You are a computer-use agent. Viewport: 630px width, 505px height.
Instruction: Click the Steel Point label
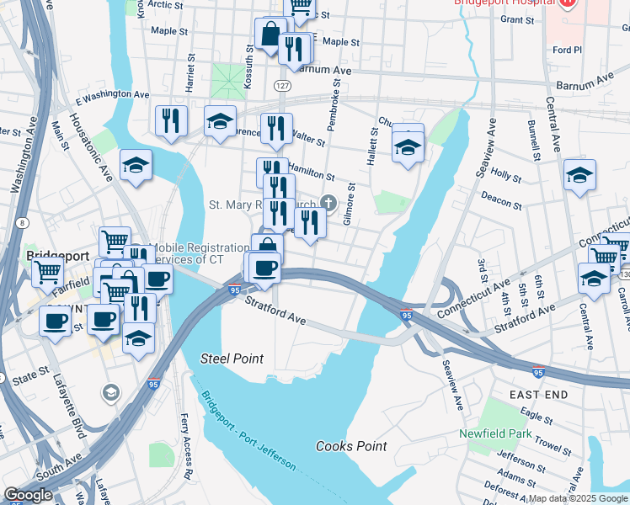pyautogui.click(x=232, y=359)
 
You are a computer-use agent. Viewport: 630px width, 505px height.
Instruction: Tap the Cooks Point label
pyautogui.click(x=351, y=446)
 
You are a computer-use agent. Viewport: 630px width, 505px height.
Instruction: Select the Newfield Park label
pyautogui.click(x=496, y=433)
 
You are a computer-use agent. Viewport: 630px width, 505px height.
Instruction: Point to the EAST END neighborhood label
pyautogui.click(x=538, y=394)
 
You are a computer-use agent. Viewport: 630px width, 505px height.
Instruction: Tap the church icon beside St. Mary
pyautogui.click(x=327, y=203)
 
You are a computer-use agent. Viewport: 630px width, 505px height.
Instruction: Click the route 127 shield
pyautogui.click(x=282, y=87)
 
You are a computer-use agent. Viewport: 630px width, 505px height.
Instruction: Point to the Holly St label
pyautogui.click(x=506, y=175)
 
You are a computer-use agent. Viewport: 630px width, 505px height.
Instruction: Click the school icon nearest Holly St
pyautogui.click(x=579, y=176)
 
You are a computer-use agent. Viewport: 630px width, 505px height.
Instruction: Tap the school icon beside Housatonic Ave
pyautogui.click(x=135, y=166)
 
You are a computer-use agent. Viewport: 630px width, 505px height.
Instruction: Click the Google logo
pyautogui.click(x=28, y=495)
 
